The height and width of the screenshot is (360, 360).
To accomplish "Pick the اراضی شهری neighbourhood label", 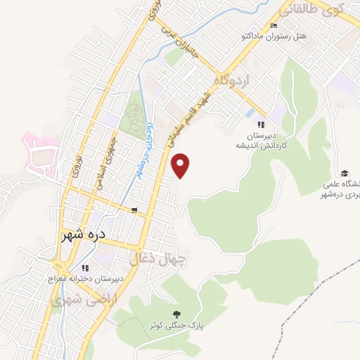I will [75, 300].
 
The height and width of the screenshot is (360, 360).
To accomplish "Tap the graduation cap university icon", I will [345, 173].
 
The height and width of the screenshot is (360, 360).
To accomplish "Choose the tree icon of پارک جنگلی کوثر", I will [175, 314].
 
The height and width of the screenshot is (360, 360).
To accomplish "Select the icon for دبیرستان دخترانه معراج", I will [85, 267].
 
